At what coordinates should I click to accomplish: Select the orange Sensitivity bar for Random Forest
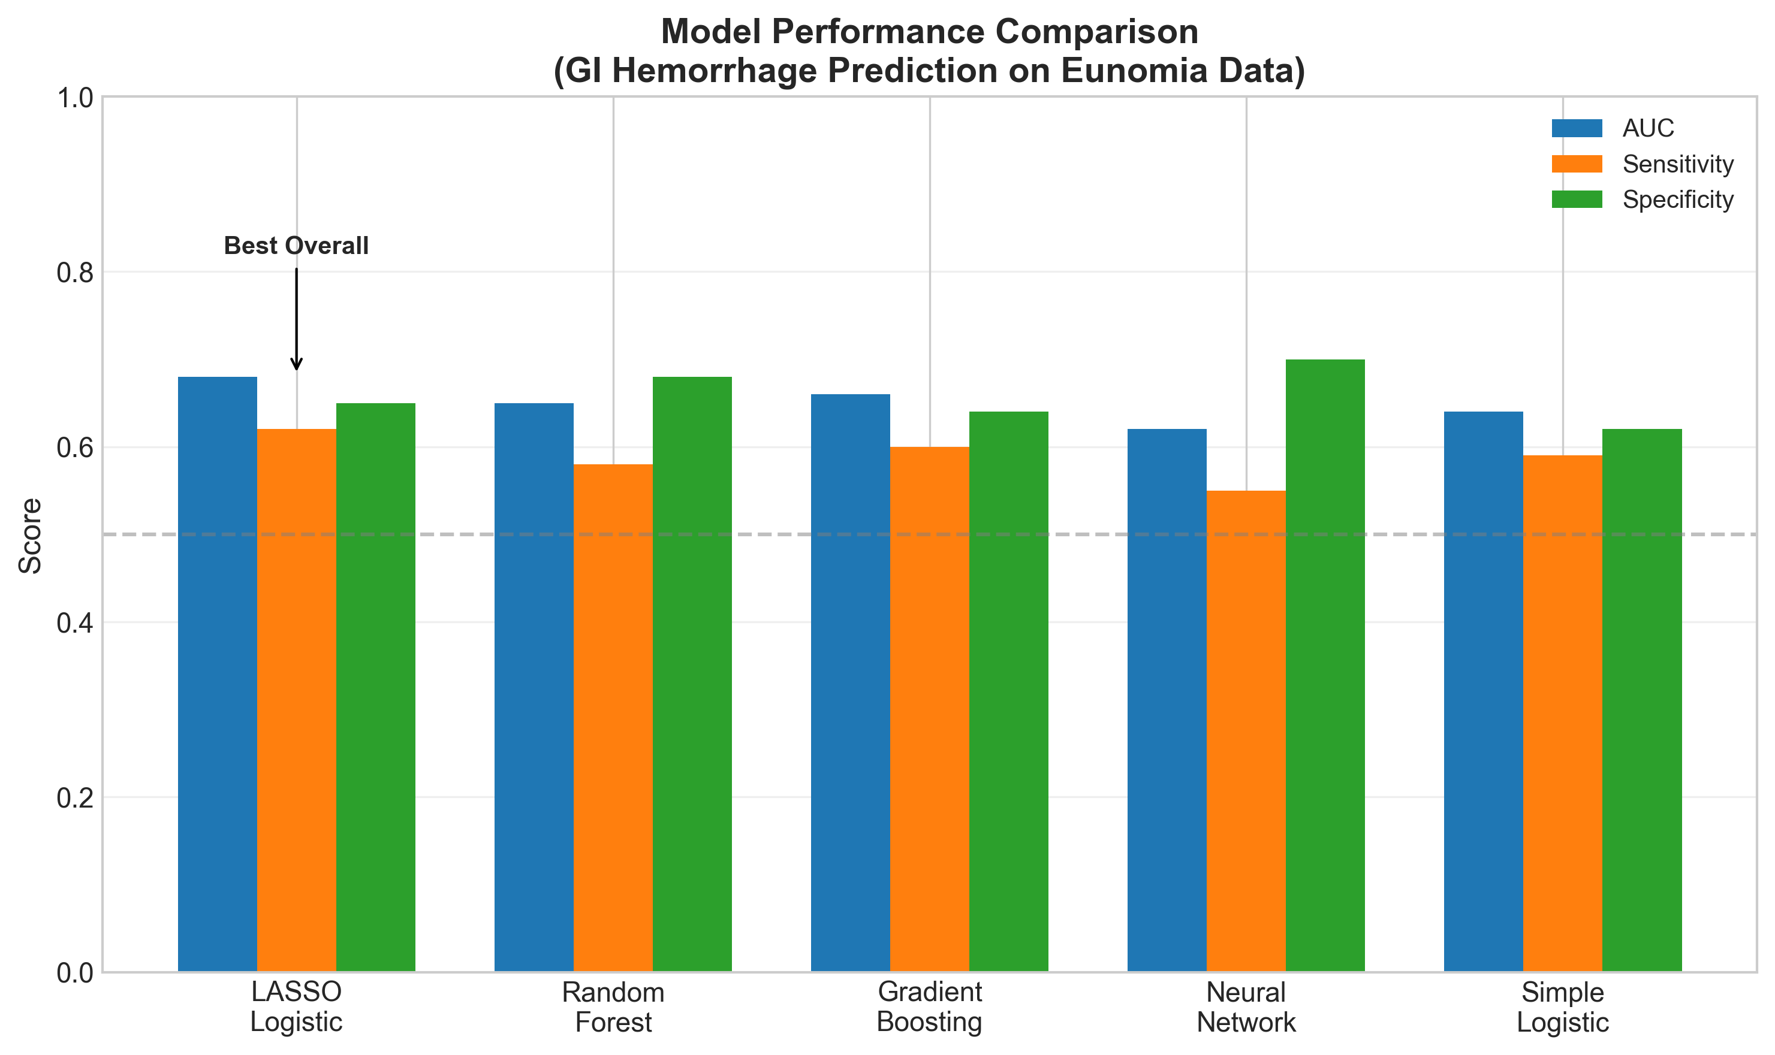click(613, 718)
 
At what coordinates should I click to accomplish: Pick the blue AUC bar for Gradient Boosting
click(850, 682)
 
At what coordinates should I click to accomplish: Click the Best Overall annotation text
click(296, 246)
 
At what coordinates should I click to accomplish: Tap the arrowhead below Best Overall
click(297, 365)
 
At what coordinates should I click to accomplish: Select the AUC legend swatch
click(1577, 128)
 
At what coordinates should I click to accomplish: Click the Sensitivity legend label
click(1677, 164)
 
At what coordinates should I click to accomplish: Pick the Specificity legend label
click(1677, 199)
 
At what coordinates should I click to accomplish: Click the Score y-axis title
click(31, 536)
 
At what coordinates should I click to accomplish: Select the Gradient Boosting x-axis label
click(929, 1006)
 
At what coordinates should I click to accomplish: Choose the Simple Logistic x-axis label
click(1562, 1006)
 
